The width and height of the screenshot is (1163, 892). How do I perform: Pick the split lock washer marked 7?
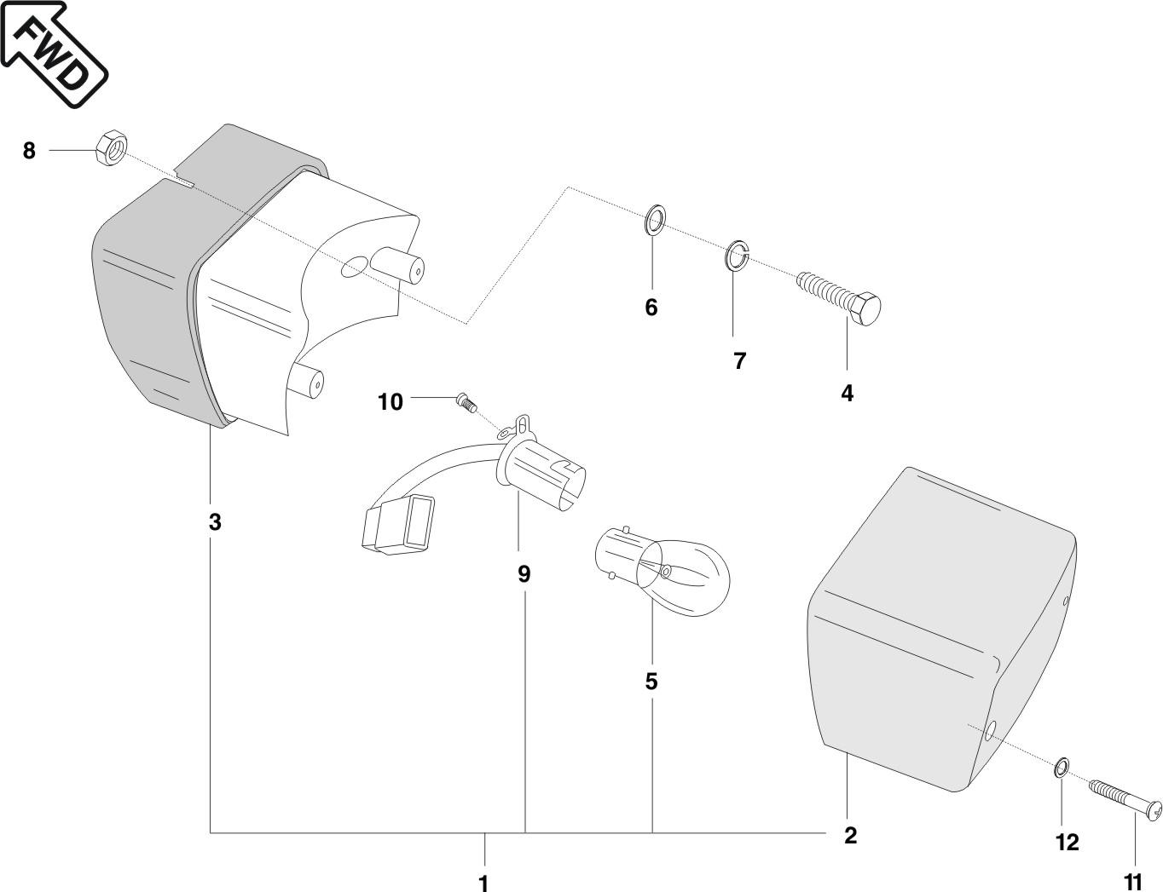point(736,255)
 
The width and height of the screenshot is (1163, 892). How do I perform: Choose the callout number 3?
point(215,521)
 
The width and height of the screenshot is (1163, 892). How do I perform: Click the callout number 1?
point(483,882)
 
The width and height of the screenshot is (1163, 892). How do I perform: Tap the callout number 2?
point(849,836)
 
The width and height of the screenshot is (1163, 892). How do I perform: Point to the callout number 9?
point(524,574)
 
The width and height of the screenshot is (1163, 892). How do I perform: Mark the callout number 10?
point(391,401)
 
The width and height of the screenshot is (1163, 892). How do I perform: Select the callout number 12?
point(1067,842)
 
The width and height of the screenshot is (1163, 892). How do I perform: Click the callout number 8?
point(29,151)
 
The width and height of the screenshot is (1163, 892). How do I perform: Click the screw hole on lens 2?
point(990,731)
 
